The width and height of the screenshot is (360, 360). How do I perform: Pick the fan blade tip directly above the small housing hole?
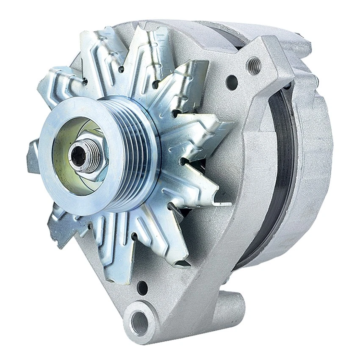(127, 271)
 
